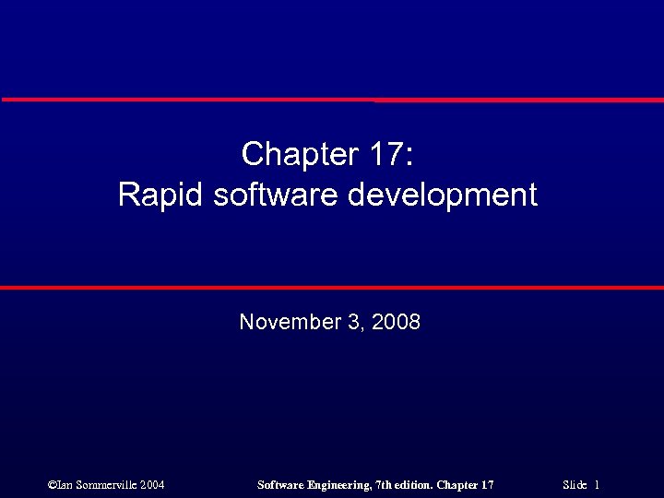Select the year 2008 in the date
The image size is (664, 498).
(x=397, y=322)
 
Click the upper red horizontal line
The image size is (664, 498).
(x=332, y=99)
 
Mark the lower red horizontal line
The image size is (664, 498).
(x=332, y=288)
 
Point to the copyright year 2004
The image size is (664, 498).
(x=152, y=484)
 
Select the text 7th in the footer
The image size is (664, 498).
(x=385, y=484)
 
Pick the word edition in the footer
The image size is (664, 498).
(x=414, y=484)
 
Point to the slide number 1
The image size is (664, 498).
(x=598, y=484)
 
